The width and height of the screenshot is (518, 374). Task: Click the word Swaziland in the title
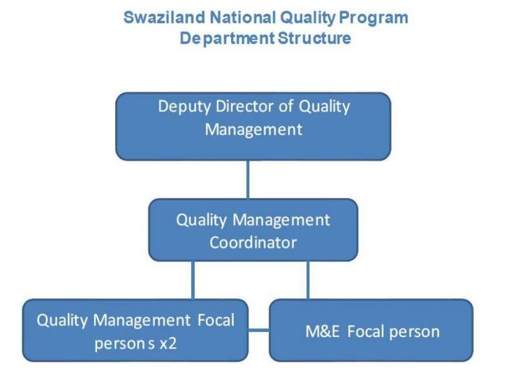point(164,18)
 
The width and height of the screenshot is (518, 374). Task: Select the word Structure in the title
point(314,38)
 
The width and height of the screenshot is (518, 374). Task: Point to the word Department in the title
point(227,39)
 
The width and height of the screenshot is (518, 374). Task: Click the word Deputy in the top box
point(185,108)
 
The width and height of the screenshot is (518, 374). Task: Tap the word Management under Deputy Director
point(254,130)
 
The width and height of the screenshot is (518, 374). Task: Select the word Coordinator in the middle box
point(253,242)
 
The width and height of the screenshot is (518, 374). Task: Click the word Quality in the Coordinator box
point(201,220)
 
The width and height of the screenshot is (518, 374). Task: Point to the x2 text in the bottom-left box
point(168,344)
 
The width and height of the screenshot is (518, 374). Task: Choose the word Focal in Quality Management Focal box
point(216,320)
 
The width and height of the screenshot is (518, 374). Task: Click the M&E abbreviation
point(322,331)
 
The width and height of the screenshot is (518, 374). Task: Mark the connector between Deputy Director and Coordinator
point(248,180)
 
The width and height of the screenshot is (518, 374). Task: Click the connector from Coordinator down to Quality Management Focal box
point(193,280)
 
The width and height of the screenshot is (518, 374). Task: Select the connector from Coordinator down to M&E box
point(308,280)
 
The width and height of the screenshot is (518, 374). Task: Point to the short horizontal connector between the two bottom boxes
point(258,330)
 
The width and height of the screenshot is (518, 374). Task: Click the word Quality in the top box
point(324,108)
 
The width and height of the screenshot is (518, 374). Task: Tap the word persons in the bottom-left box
point(124,344)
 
